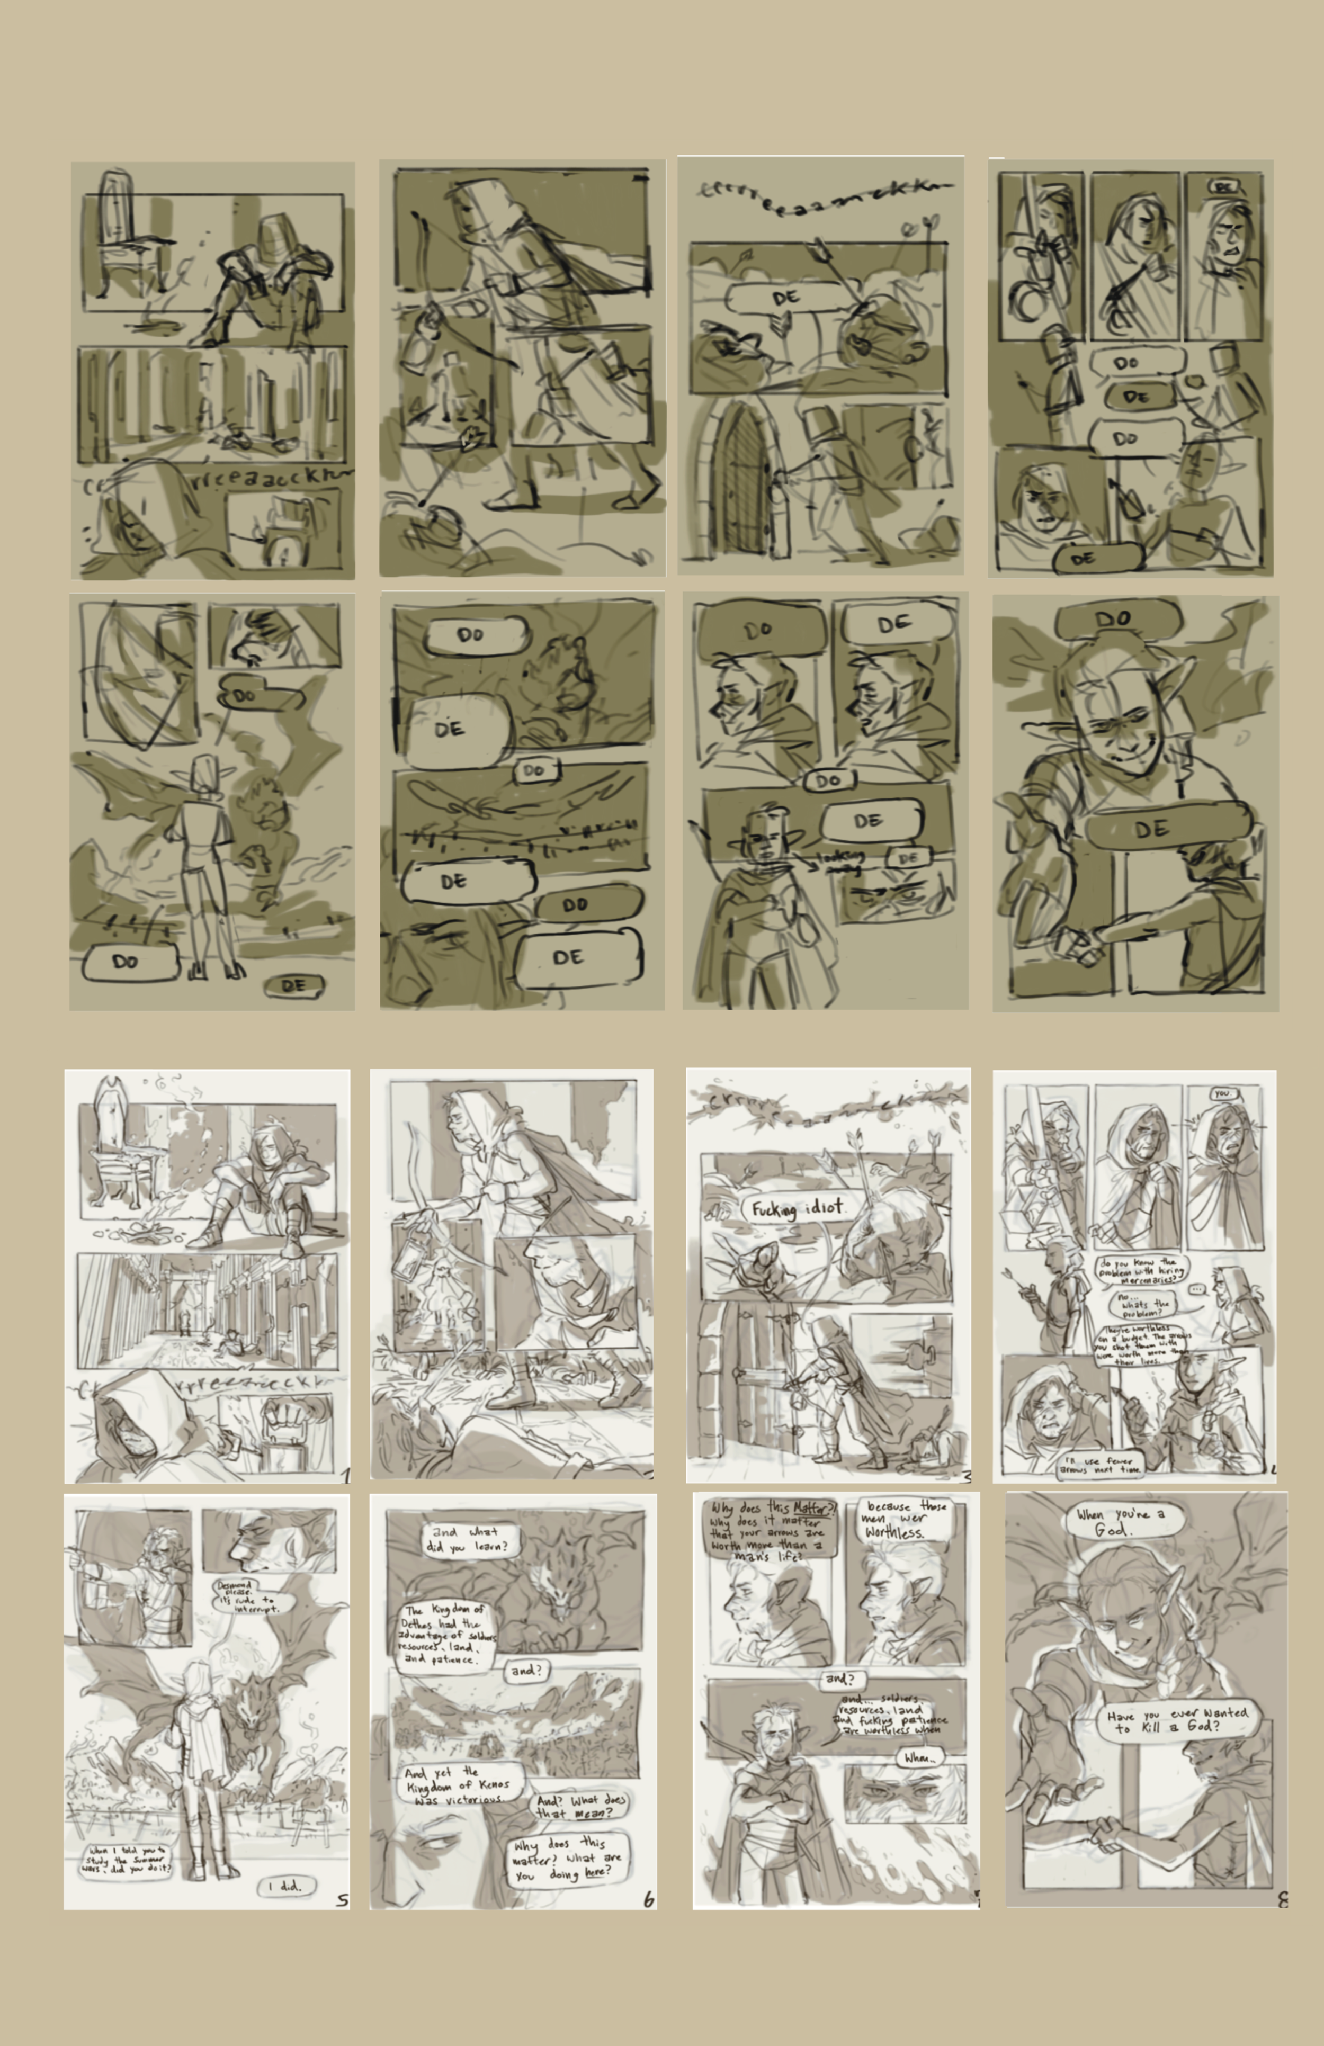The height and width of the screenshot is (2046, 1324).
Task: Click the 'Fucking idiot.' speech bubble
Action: [x=796, y=1209]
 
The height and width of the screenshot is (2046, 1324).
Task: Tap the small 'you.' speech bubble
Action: [x=1222, y=1093]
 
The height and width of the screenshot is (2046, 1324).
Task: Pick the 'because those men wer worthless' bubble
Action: [x=905, y=1520]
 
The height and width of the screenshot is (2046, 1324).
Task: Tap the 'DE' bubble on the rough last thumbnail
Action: [x=1152, y=829]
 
